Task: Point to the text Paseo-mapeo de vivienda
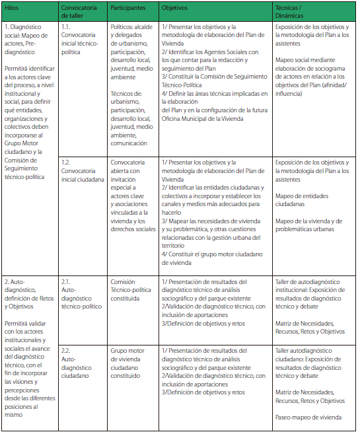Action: [307, 417]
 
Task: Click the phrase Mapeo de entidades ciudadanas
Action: [301, 200]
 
